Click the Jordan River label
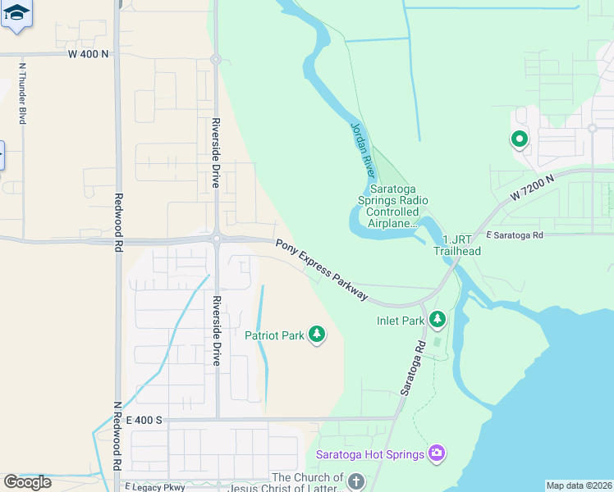(362, 151)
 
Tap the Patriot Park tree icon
(317, 334)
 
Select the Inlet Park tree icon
(438, 318)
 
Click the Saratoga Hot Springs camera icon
(437, 453)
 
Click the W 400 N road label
(88, 54)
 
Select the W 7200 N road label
(532, 187)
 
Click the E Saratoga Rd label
(515, 235)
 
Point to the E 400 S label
(144, 420)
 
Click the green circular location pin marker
(519, 139)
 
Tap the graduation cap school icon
(16, 14)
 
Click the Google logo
(27, 482)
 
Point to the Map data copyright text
(579, 485)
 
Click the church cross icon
(355, 481)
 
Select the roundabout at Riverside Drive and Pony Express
(217, 239)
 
